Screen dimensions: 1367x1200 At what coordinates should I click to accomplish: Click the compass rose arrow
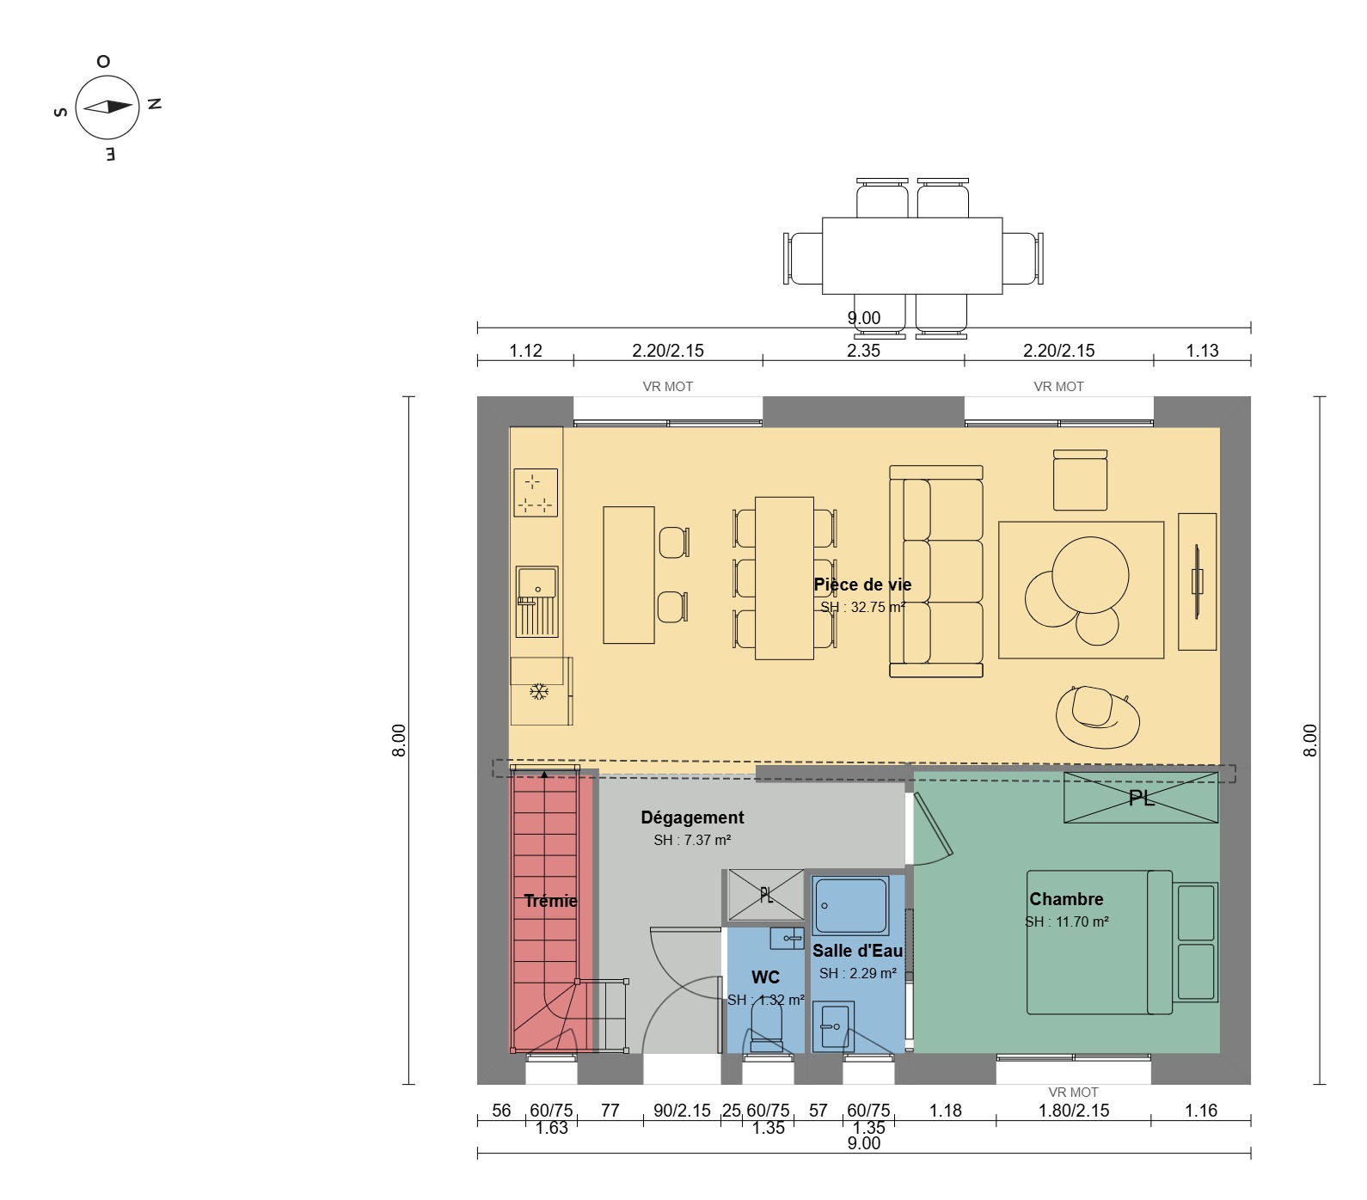107,107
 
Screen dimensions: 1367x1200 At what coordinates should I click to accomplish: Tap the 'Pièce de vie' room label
862,585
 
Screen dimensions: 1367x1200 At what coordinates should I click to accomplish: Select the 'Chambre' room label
1066,899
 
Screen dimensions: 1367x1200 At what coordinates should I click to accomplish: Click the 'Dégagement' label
692,817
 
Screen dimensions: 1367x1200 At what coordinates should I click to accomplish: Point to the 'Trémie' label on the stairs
550,901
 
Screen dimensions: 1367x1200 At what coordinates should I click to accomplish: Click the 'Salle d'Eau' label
857,951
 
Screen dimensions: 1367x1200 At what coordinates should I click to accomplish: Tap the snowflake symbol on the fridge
539,691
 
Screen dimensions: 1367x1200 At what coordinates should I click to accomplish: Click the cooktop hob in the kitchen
536,493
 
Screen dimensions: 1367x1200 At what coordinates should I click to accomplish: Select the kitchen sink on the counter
536,601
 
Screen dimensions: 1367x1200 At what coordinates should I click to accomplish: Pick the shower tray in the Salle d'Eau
851,906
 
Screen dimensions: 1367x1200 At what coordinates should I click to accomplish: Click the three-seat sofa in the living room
936,572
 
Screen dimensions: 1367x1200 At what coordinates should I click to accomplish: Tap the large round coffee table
1090,574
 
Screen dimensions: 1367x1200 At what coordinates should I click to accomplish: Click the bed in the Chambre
1122,942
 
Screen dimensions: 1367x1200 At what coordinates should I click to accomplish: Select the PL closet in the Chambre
1141,798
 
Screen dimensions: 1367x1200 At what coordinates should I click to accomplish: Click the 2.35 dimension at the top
863,351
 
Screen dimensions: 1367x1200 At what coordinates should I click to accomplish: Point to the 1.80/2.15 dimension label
1074,1111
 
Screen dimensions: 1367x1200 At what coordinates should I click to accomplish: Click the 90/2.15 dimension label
682,1111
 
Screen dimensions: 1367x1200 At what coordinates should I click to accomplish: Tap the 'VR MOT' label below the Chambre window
1074,1093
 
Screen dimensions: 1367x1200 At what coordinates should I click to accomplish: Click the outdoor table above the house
912,255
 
